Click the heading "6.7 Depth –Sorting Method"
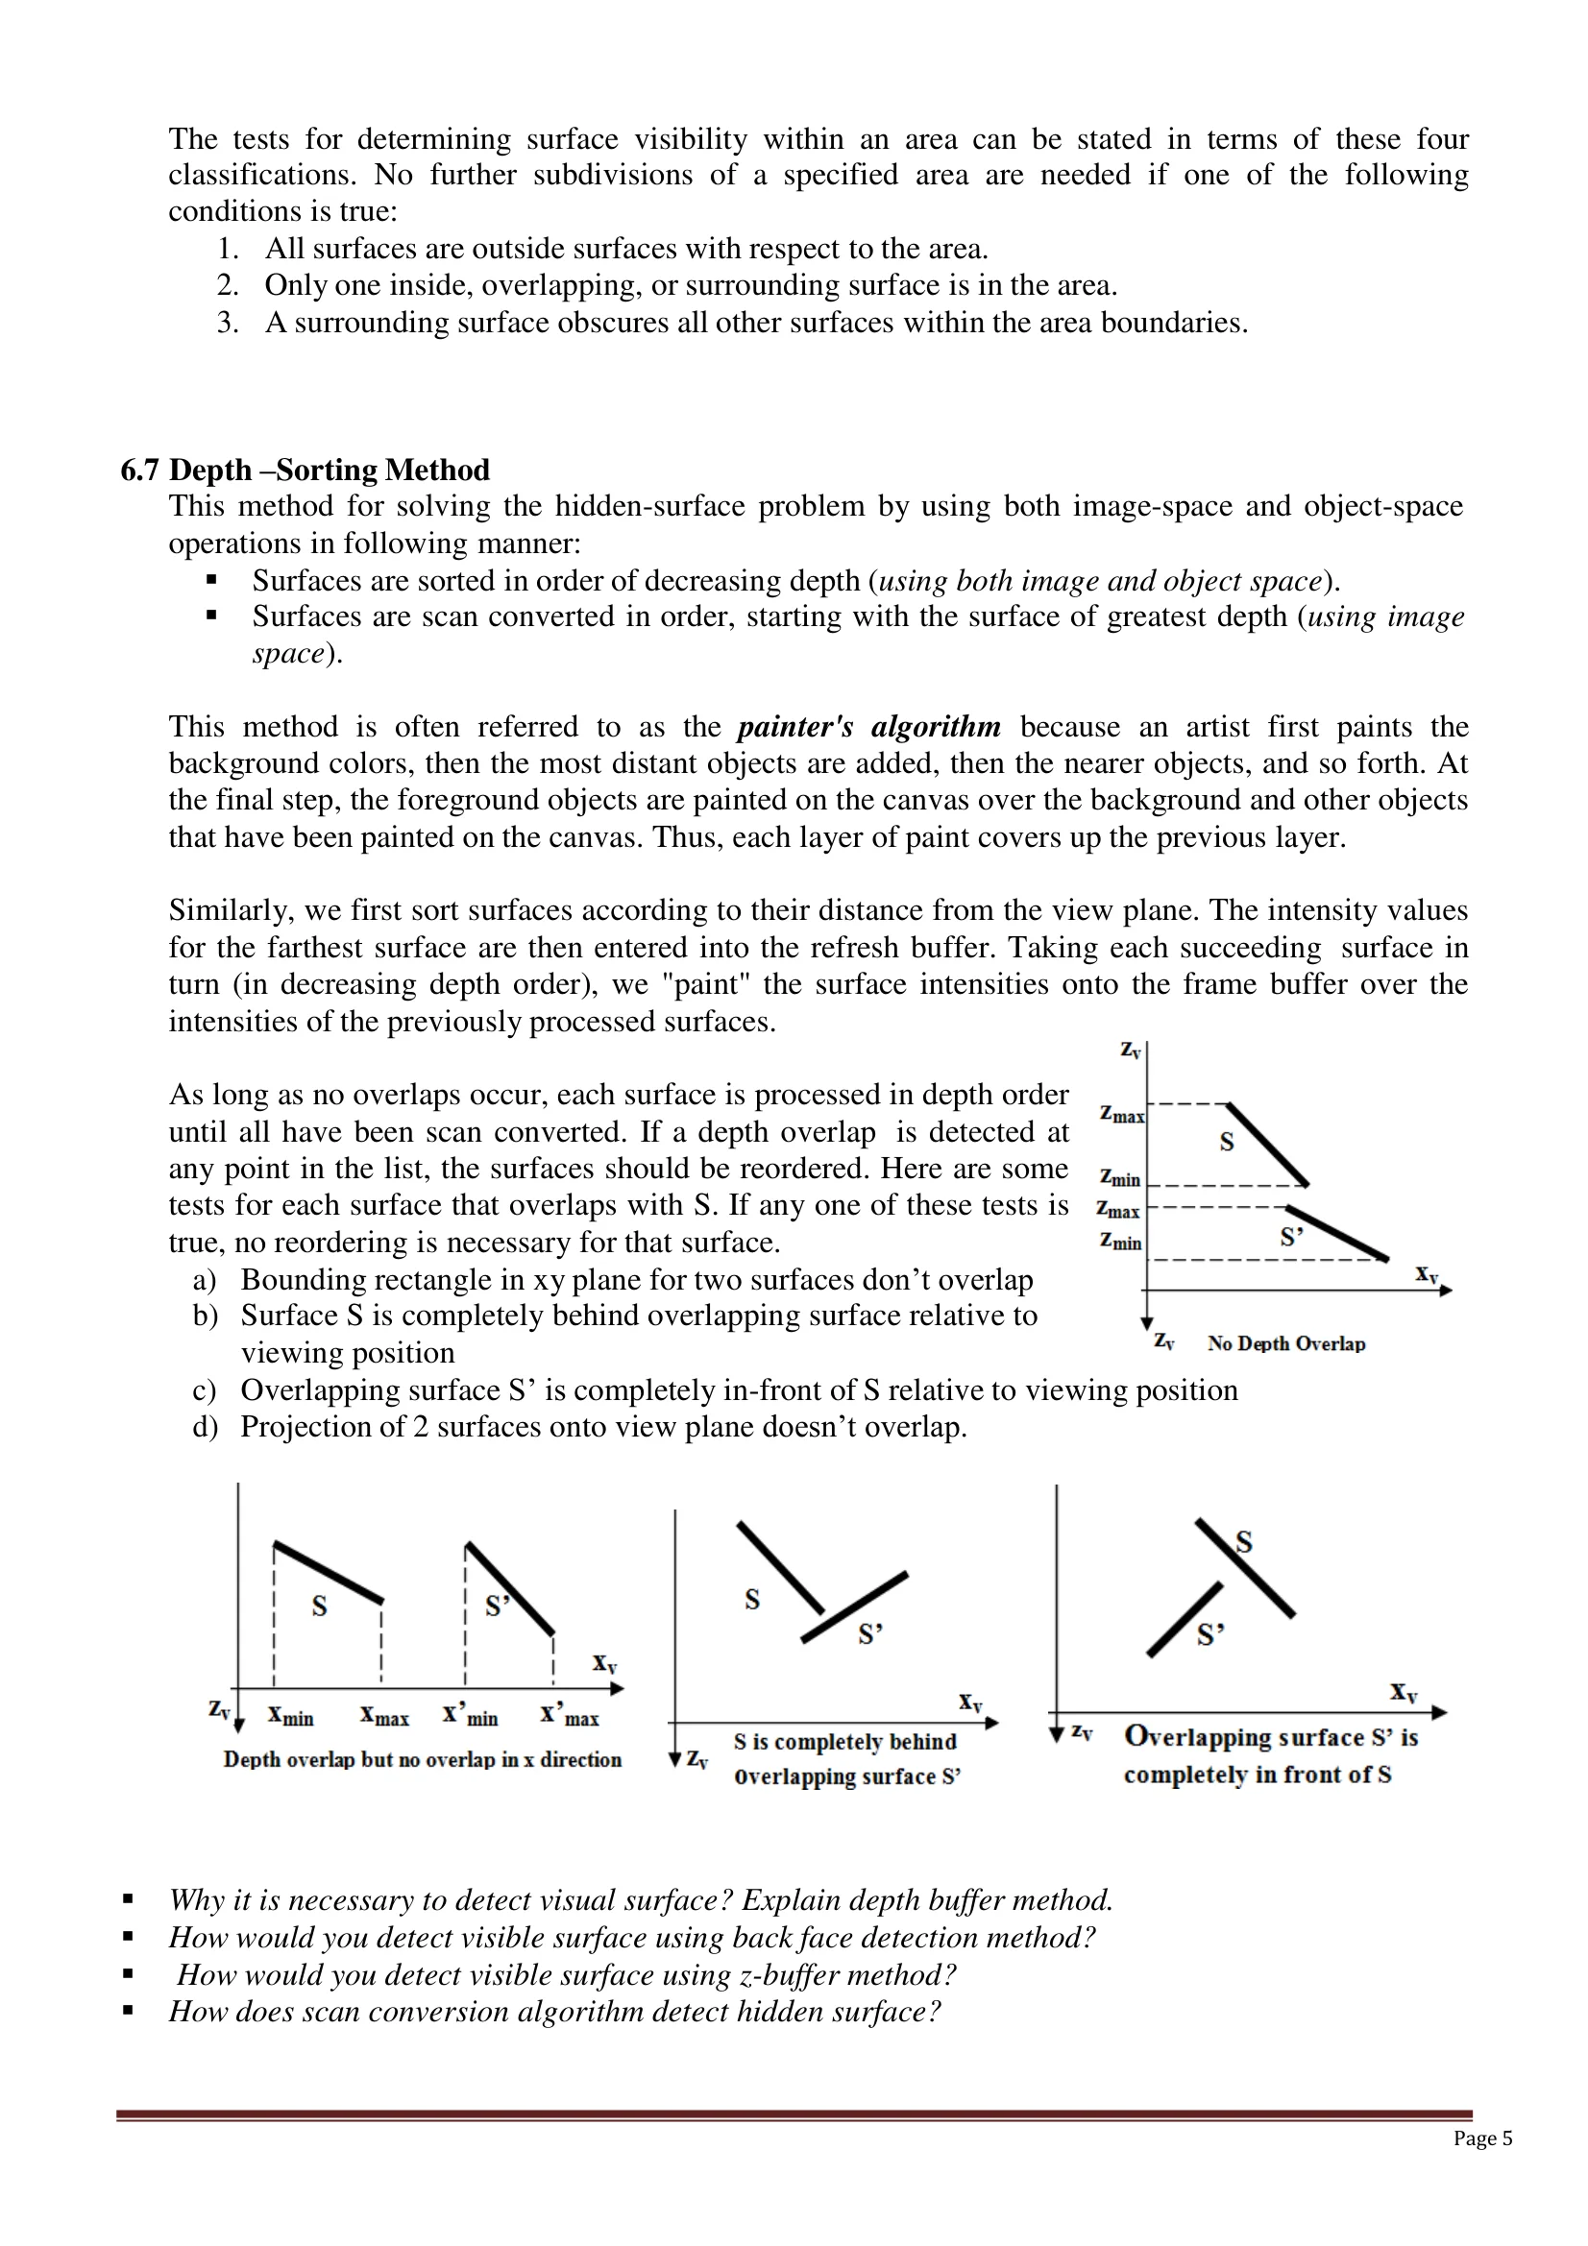tap(305, 471)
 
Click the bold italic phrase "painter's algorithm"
tap(868, 727)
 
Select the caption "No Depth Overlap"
tap(1285, 1343)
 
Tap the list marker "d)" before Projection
tap(205, 1426)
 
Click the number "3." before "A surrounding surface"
tap(228, 323)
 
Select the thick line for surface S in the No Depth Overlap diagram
tap(1268, 1145)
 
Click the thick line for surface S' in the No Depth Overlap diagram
tap(1337, 1233)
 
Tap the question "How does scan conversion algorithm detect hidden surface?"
tap(553, 2012)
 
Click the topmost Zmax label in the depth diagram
tap(1121, 1114)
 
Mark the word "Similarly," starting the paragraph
tap(230, 910)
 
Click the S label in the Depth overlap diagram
tap(319, 1606)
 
